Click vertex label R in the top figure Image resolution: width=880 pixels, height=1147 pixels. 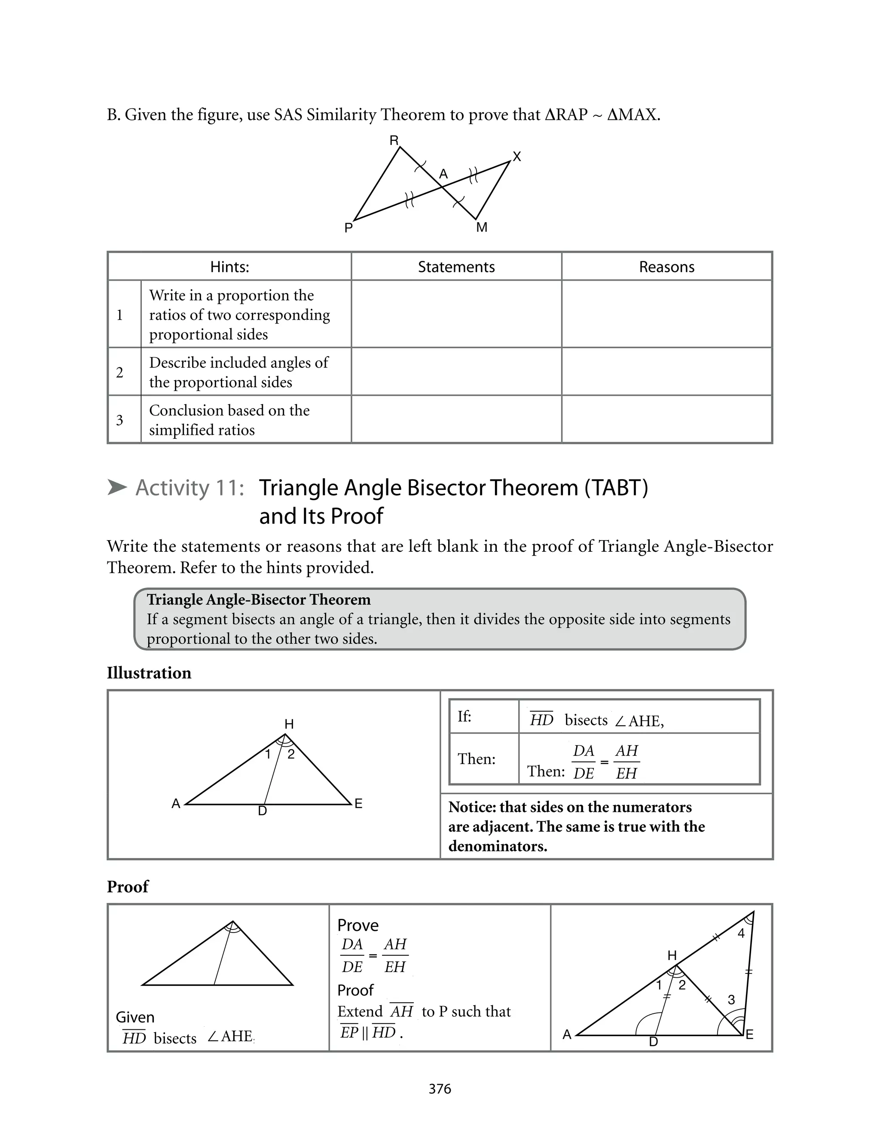(394, 141)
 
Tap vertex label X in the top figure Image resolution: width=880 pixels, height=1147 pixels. (517, 156)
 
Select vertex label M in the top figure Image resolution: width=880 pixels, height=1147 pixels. (482, 227)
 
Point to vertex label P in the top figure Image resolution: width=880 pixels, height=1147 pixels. (348, 228)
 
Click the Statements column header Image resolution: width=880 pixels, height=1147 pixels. (456, 267)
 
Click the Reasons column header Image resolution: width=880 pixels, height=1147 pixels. (666, 267)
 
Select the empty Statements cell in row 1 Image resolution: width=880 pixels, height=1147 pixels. (456, 314)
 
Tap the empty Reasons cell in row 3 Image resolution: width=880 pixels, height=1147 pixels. (666, 419)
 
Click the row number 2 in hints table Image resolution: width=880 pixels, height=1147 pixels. (120, 373)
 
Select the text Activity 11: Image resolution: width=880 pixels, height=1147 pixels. (189, 488)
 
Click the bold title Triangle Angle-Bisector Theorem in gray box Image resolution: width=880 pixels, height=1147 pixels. (258, 599)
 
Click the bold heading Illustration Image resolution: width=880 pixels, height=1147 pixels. (149, 673)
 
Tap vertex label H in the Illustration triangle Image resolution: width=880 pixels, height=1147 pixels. (289, 724)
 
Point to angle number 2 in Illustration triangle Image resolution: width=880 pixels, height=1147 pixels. (291, 754)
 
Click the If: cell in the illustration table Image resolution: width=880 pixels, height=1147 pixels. (464, 716)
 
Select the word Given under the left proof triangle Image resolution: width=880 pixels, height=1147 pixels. (135, 1017)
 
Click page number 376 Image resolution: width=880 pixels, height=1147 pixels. (440, 1089)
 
